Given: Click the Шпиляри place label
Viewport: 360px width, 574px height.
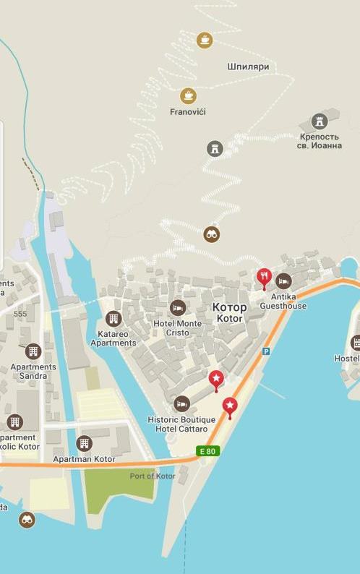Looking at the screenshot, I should [x=248, y=67].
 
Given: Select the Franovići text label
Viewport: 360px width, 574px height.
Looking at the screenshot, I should [x=188, y=112].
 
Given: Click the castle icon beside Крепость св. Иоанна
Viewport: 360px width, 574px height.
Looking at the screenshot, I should [x=320, y=121].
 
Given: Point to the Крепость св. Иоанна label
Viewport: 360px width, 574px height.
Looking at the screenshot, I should [x=320, y=140].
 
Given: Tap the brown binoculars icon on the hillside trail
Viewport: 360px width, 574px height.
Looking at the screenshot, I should [x=212, y=234].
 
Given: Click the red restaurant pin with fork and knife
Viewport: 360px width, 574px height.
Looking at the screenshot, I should [x=264, y=277].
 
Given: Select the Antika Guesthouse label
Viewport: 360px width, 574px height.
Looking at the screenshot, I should [x=283, y=301].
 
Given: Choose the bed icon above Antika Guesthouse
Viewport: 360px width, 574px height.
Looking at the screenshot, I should [x=283, y=280].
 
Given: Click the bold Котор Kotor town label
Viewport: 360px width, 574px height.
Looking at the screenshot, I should [x=230, y=312].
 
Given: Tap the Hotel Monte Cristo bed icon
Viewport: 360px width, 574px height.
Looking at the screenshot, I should [x=178, y=308].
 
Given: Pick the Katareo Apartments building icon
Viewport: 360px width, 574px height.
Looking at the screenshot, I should [x=113, y=319].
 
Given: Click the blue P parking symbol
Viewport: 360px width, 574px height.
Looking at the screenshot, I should [x=265, y=351].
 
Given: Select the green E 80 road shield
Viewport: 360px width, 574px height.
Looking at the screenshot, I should [x=207, y=452].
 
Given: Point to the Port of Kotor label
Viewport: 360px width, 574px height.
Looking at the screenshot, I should [x=153, y=476].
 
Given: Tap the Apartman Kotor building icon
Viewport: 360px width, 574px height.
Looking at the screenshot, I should [x=85, y=442].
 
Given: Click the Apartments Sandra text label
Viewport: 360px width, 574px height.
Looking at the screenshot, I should [x=33, y=371].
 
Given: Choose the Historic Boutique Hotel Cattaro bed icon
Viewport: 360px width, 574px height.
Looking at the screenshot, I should [x=182, y=403].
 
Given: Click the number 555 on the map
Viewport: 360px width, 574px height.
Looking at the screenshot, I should [x=20, y=314].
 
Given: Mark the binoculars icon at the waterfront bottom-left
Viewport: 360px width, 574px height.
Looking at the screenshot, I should [x=27, y=519].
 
